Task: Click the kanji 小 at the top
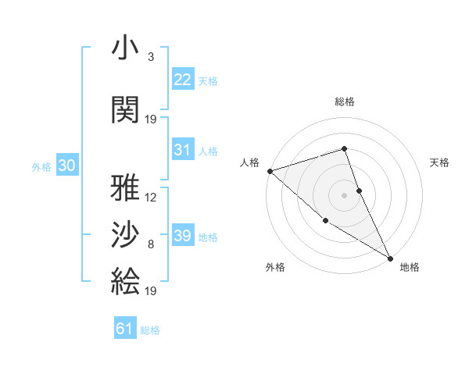pos(125,50)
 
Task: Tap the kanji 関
pos(125,109)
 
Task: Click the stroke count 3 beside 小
pos(150,57)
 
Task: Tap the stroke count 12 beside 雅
pos(151,198)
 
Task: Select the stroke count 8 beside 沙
pos(150,244)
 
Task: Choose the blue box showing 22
pos(182,80)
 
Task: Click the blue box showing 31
pos(182,150)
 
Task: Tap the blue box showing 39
pos(182,236)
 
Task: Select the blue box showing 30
pos(66,166)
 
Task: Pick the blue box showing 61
pos(124,329)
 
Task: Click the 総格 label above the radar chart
pos(345,102)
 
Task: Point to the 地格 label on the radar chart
pos(410,268)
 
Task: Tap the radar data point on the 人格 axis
pos(270,170)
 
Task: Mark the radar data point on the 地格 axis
pos(390,258)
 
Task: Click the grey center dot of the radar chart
pos(344,194)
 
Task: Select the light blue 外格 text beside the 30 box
pos(41,166)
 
